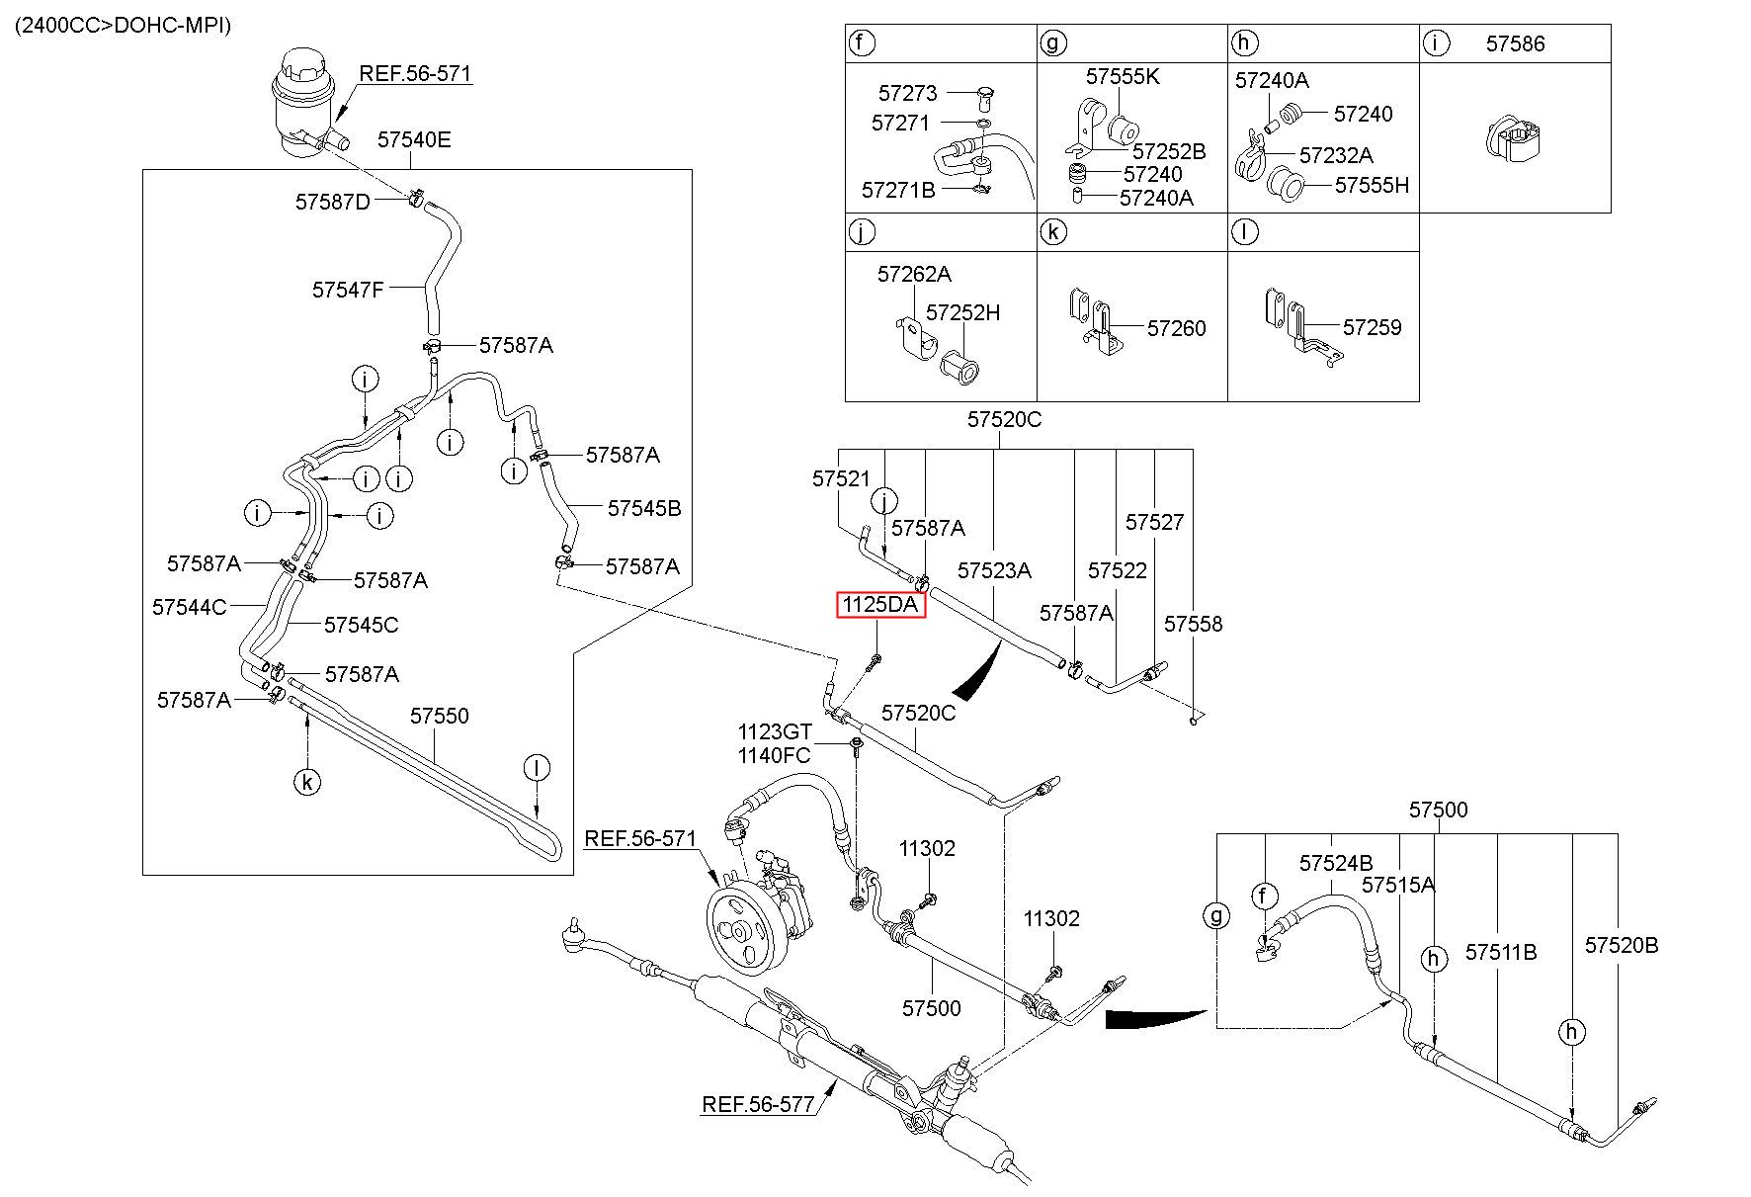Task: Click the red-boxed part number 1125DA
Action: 880,604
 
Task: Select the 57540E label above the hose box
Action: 414,139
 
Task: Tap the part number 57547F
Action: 348,290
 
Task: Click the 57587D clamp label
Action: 332,202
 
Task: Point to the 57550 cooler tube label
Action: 440,716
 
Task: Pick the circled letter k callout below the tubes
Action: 307,783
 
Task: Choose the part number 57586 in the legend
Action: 1515,43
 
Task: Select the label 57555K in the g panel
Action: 1123,76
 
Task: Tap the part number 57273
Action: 907,93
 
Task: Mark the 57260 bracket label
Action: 1176,328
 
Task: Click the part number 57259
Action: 1372,327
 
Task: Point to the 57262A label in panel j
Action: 914,274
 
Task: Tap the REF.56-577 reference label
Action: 758,1104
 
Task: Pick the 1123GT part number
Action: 774,732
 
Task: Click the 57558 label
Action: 1193,624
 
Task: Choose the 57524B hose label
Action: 1336,863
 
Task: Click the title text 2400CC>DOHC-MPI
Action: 123,26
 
